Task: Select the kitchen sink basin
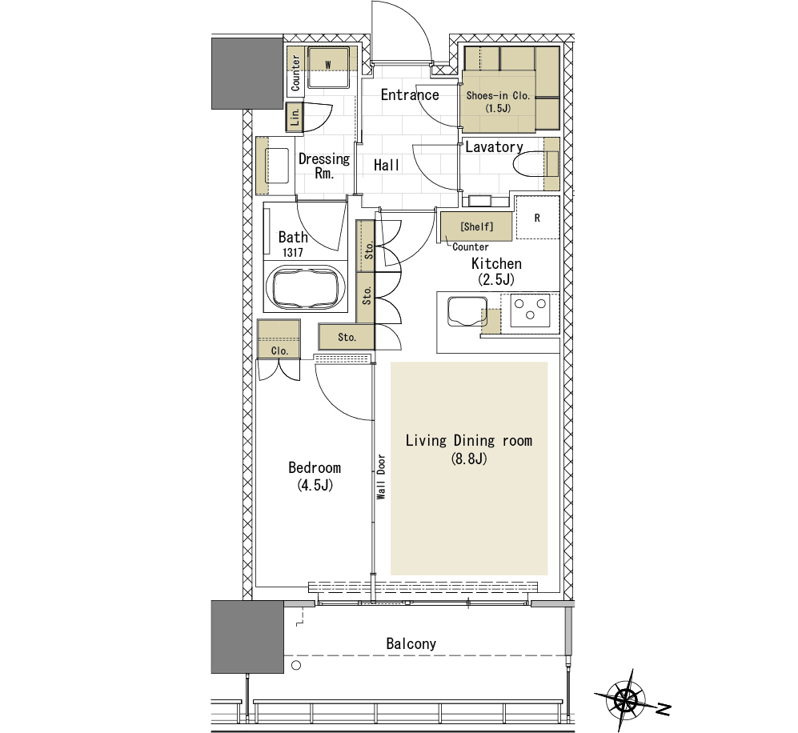[467, 311]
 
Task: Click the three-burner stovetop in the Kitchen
[530, 310]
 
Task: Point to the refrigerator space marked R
[537, 218]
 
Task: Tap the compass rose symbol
[625, 700]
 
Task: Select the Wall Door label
[381, 477]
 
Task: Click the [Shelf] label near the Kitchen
[476, 226]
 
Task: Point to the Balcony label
[411, 643]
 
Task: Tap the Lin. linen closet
[295, 118]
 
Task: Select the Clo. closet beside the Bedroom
[279, 338]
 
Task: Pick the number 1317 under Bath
[293, 252]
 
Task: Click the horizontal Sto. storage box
[347, 337]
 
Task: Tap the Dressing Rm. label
[324, 166]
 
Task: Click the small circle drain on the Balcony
[296, 665]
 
